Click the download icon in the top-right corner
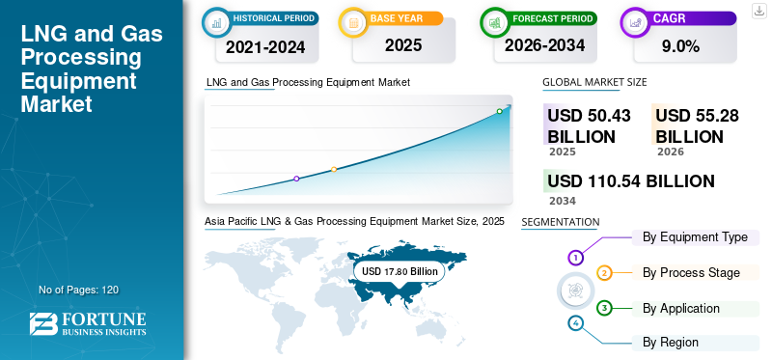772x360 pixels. coord(758,11)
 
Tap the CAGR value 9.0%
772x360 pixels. coord(681,46)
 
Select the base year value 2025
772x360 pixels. coord(403,45)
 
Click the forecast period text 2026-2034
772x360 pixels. coord(544,45)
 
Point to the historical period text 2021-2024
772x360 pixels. coord(265,47)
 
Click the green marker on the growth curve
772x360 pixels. coord(499,111)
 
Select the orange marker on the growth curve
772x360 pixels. coord(334,170)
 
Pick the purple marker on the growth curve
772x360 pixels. coord(296,179)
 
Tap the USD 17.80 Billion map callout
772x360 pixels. coord(400,271)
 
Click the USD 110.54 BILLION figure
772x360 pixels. coord(631,181)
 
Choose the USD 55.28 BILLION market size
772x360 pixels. coord(697,125)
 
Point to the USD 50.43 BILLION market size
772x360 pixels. coord(589,125)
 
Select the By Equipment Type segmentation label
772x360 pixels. coord(695,237)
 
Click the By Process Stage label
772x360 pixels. coord(691,273)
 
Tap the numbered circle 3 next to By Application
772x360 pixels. coord(604,308)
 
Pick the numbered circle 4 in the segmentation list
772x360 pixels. coord(575,323)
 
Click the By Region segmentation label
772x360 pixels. coord(670,343)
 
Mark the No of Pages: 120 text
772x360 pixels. coord(79,290)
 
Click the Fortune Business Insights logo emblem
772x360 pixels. coord(43,323)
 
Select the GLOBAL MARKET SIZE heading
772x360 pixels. coord(594,82)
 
